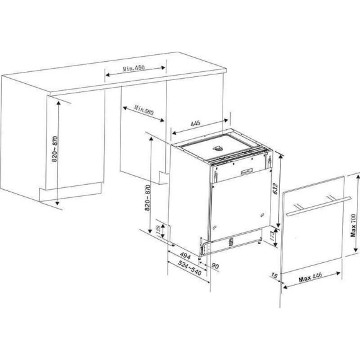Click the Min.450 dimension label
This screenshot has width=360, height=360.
[x=134, y=68]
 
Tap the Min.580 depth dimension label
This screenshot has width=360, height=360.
[x=144, y=110]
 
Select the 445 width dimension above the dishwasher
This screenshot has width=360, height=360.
[x=195, y=124]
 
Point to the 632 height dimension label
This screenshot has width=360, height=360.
[x=276, y=189]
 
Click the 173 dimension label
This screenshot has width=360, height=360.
[x=272, y=236]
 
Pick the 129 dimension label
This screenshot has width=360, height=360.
[x=158, y=230]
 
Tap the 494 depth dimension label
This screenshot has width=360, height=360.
[x=185, y=256]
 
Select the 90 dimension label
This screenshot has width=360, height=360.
[x=215, y=266]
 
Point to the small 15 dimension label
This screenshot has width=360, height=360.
[x=274, y=275]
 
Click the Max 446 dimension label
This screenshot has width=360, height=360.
[x=310, y=277]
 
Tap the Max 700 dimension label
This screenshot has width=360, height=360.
[x=353, y=226]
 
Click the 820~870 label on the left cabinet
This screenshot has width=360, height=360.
[x=55, y=149]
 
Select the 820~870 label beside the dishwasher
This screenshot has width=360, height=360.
[x=148, y=198]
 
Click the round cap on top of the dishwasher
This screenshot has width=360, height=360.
[x=218, y=148]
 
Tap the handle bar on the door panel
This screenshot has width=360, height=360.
[x=318, y=206]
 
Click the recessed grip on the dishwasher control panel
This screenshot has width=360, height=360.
[x=247, y=171]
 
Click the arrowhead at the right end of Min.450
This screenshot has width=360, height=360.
[x=163, y=67]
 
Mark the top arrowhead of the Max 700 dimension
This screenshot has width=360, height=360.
[x=358, y=177]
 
